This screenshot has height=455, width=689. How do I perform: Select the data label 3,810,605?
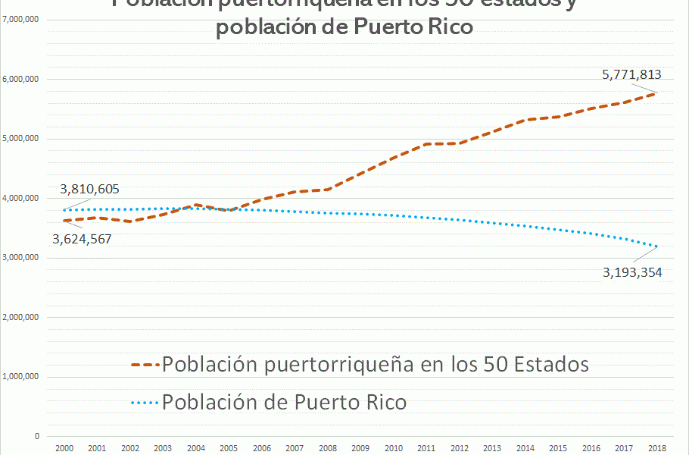click(x=89, y=190)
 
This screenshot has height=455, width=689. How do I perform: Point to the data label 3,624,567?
click(x=83, y=238)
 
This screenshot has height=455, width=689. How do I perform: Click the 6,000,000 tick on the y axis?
click(x=21, y=79)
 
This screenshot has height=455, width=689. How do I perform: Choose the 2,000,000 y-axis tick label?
click(x=21, y=317)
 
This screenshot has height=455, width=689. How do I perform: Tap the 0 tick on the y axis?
click(x=36, y=436)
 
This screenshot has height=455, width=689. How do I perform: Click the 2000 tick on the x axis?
click(x=64, y=448)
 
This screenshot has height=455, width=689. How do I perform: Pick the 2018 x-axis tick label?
click(x=657, y=448)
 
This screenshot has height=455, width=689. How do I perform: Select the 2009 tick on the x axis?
click(x=360, y=448)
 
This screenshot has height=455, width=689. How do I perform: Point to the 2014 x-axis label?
click(x=525, y=448)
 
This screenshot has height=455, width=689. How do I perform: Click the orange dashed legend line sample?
click(x=145, y=365)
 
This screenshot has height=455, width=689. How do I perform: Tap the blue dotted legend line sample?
click(x=145, y=402)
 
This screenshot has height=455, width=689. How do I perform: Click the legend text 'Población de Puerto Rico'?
click(x=284, y=402)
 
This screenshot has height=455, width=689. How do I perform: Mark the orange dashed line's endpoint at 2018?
click(x=656, y=93)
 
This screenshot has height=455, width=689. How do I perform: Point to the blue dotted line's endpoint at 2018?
click(x=656, y=246)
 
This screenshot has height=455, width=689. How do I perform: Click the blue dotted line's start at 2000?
click(x=64, y=210)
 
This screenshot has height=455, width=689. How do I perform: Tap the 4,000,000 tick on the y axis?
click(x=21, y=198)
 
